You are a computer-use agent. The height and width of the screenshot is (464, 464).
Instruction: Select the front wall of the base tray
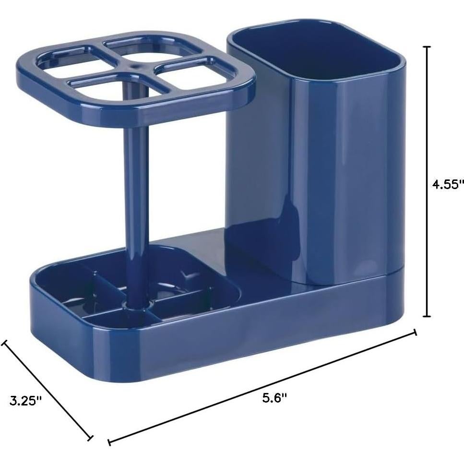pyautogui.click(x=230, y=336)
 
